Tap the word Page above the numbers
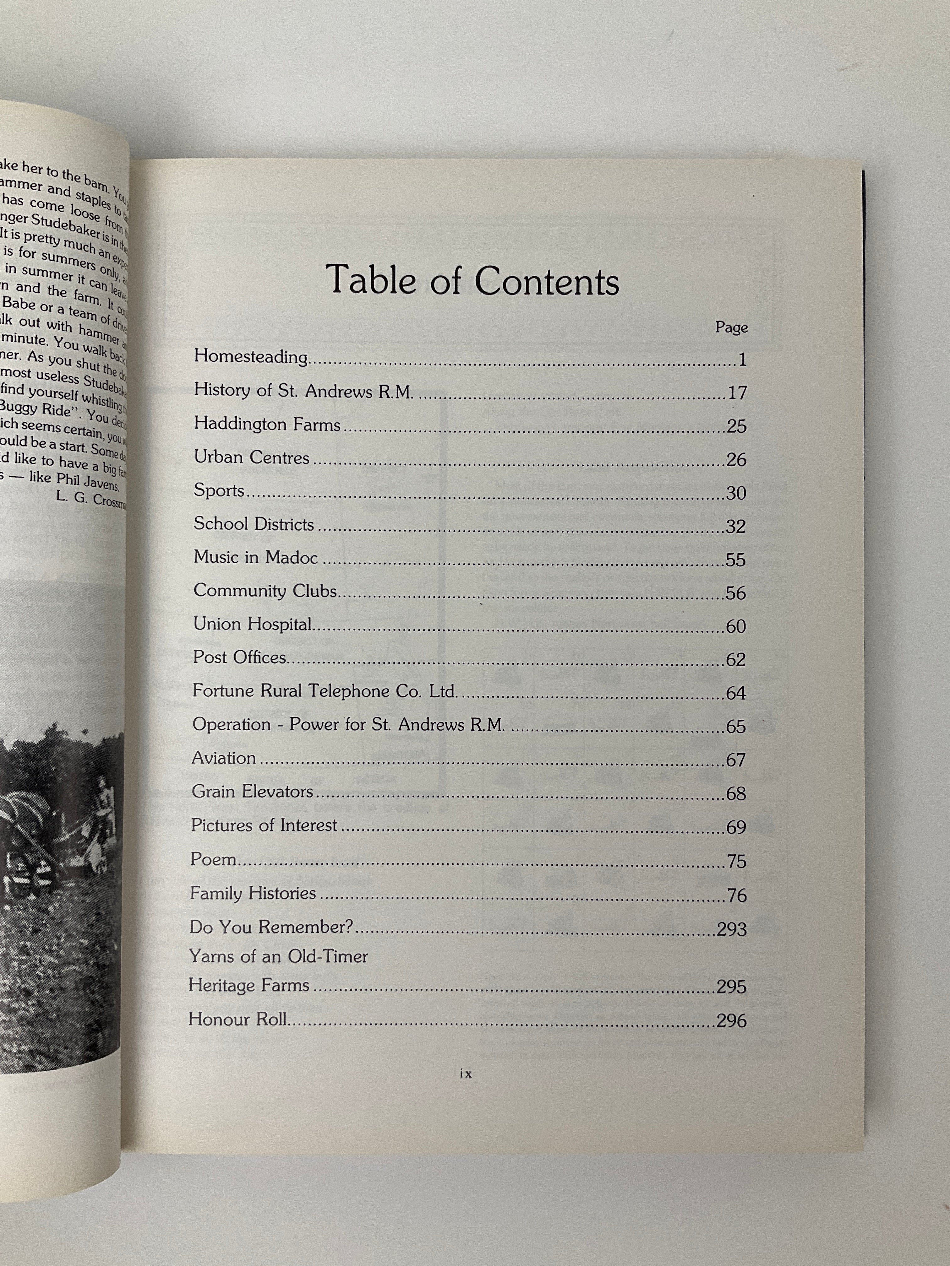[x=731, y=327]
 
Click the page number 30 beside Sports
[x=736, y=493]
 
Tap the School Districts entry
[x=254, y=524]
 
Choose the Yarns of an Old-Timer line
[x=278, y=956]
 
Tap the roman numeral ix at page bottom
[x=466, y=1074]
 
